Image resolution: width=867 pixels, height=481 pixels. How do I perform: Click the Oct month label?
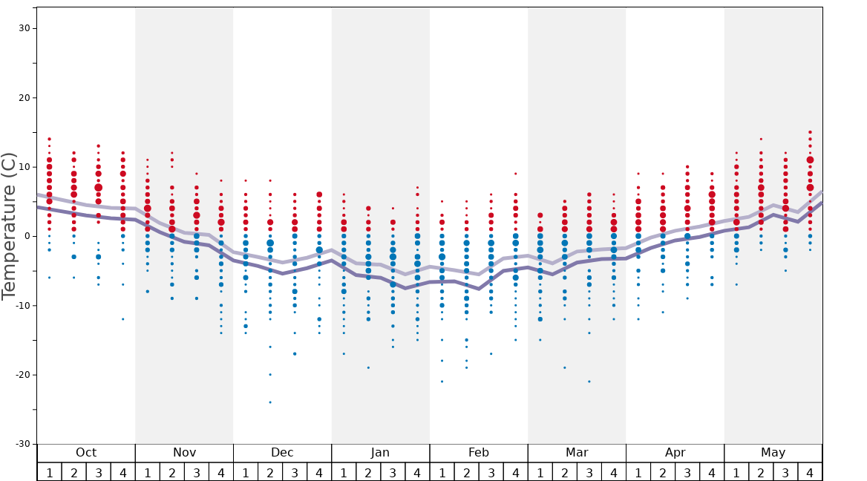point(86,453)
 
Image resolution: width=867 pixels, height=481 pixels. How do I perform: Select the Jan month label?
point(380,453)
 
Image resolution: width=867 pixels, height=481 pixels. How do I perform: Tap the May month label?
point(773,453)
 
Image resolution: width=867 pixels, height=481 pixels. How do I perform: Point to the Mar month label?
point(577,453)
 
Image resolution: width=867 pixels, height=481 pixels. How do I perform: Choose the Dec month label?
point(282,453)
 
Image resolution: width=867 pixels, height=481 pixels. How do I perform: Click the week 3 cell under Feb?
point(491,472)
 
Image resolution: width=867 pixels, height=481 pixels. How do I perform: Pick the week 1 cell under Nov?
point(147,472)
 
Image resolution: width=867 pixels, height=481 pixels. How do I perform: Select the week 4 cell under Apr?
point(712,472)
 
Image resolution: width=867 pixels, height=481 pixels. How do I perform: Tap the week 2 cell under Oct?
point(73,472)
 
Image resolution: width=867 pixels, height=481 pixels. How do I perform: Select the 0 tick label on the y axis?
point(27,236)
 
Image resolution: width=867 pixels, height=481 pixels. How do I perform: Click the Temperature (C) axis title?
point(9,226)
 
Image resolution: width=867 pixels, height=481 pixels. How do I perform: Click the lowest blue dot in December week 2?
point(270,402)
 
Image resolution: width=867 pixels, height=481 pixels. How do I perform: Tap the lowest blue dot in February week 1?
point(442,382)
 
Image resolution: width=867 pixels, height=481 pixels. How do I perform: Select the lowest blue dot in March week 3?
point(589,382)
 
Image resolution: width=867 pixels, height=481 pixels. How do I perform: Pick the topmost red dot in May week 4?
point(810,132)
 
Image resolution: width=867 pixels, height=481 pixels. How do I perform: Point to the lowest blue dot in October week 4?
point(123,319)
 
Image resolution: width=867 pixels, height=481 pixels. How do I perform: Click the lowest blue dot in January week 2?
point(368,367)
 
